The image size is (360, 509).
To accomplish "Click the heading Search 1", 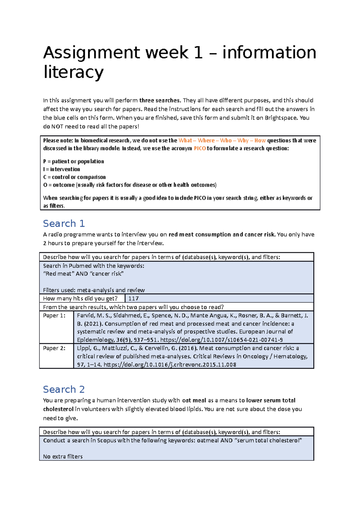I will (x=64, y=224).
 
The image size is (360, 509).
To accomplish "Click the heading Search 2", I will (x=64, y=389).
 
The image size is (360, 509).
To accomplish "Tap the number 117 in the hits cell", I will (x=133, y=299).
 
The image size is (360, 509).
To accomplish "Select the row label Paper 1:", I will (x=54, y=316).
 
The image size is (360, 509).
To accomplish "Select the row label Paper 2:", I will (x=54, y=348).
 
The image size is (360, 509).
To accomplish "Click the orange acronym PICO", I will (x=200, y=148).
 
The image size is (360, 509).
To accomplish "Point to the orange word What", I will (x=185, y=141).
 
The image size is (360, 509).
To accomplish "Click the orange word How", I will (x=260, y=141).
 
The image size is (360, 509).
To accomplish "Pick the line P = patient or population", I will (x=73, y=162).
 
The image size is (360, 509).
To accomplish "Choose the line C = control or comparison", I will (x=74, y=177).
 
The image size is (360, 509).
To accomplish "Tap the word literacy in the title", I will (x=73, y=72).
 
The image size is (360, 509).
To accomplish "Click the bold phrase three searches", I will (x=160, y=100).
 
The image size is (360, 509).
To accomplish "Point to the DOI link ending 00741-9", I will (x=222, y=340).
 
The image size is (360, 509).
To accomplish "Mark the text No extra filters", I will (x=63, y=457).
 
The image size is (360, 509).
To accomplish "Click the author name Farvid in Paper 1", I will (x=85, y=316).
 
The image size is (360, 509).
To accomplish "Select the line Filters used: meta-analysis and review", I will (x=94, y=290).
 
